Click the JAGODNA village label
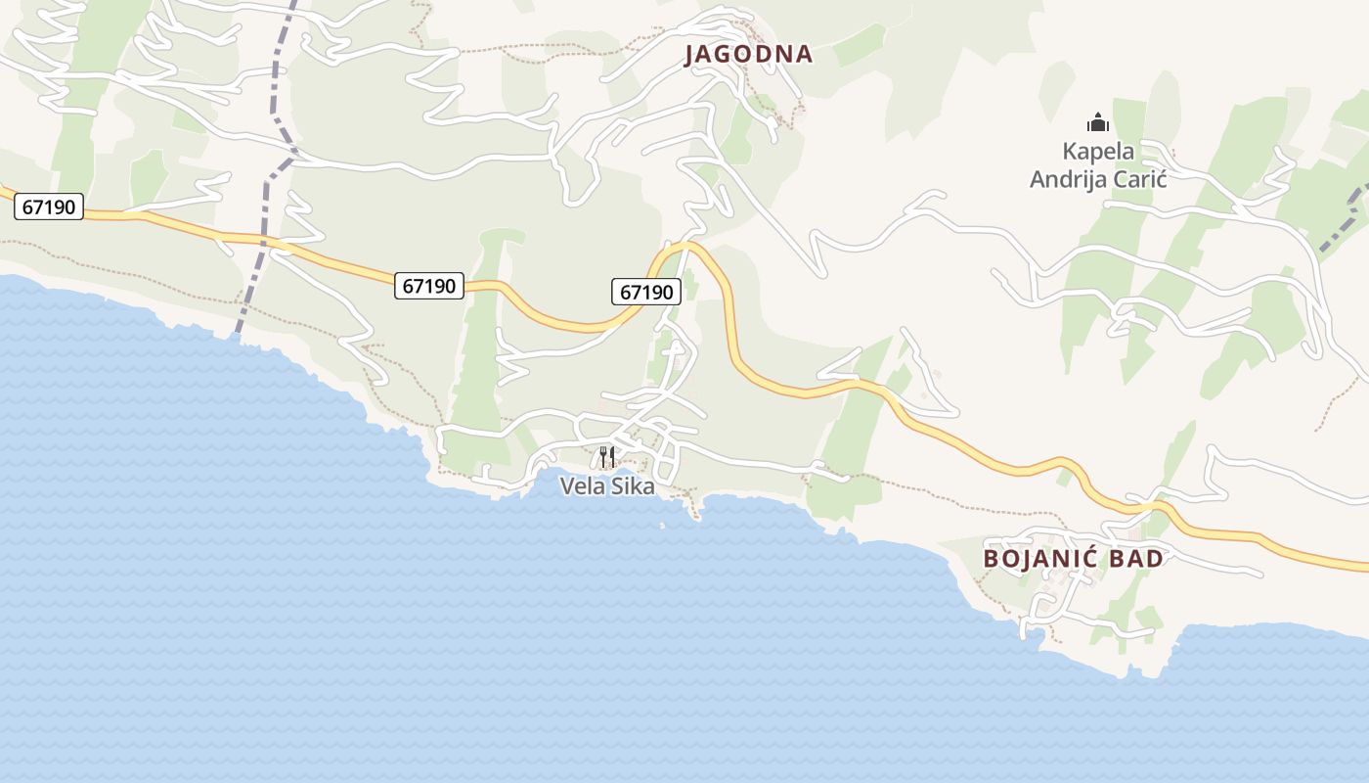(748, 54)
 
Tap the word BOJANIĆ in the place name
(1041, 559)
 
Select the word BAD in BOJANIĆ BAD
(1137, 559)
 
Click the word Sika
(633, 485)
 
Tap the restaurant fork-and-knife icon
(607, 456)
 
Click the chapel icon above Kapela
(1098, 123)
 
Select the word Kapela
(1098, 152)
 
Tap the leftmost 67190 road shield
(49, 207)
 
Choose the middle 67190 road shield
(429, 286)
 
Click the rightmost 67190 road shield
(646, 292)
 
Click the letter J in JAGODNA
(688, 55)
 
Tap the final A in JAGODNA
(805, 54)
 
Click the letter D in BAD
(1156, 559)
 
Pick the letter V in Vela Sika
(567, 485)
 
